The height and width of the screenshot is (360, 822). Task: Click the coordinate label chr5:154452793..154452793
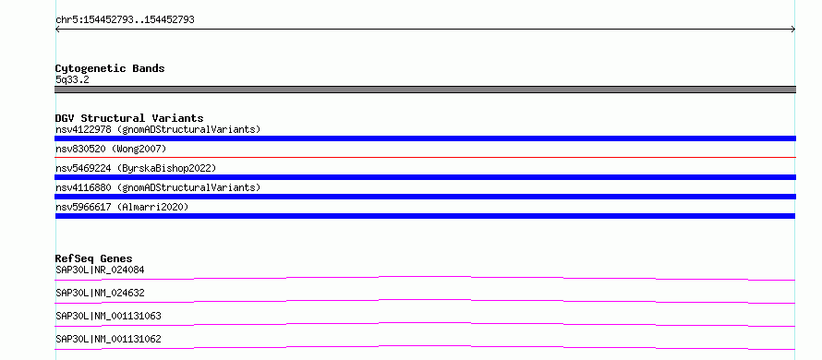(125, 20)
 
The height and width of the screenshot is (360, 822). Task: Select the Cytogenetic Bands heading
(110, 68)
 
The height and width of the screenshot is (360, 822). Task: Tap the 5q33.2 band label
(72, 79)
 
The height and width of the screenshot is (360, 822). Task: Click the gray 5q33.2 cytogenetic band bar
(425, 90)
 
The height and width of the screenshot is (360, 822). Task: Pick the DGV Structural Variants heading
(129, 118)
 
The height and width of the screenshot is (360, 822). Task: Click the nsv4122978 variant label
(158, 129)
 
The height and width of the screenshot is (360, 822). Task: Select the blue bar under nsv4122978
(425, 138)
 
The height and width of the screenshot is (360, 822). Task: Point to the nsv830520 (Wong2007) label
(111, 149)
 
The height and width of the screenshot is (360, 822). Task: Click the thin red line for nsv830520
(425, 157)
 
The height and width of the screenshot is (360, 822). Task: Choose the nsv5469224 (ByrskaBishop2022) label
(136, 168)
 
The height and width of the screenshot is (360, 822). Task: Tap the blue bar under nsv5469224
(425, 177)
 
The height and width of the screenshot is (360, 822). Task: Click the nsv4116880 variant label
(158, 187)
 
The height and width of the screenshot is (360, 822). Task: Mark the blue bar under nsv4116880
(425, 197)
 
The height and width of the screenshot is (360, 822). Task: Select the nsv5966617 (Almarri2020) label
(122, 207)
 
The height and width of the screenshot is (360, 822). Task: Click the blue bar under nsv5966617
(425, 216)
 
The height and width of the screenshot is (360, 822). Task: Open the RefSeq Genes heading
(93, 258)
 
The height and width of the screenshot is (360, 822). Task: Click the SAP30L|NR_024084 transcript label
(100, 270)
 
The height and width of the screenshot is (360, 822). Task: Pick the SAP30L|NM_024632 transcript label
(100, 294)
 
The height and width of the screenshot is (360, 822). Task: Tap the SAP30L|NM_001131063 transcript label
(108, 316)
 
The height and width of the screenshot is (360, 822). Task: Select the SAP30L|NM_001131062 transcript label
(108, 339)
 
